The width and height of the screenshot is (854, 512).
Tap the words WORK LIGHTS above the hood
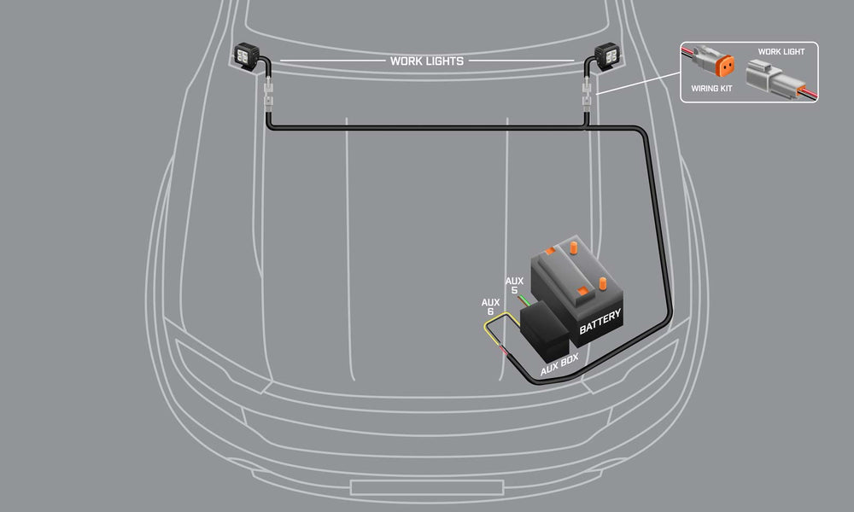(x=426, y=61)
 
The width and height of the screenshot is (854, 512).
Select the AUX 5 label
(x=514, y=285)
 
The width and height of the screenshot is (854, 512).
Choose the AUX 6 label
(x=490, y=306)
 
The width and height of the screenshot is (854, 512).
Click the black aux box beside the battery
(x=543, y=329)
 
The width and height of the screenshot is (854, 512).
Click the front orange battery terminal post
(x=605, y=282)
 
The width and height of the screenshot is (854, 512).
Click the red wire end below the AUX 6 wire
(x=506, y=352)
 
